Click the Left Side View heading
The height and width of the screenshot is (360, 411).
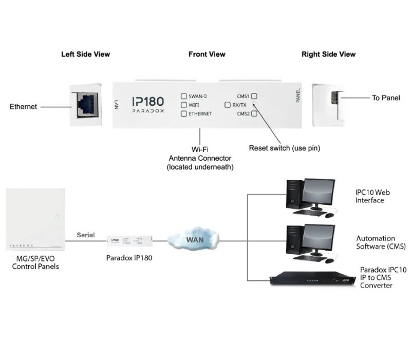pos(85,54)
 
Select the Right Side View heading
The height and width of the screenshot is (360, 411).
pos(328,54)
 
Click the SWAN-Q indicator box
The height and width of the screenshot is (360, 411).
pos(183,96)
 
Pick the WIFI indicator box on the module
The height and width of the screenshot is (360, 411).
pos(183,105)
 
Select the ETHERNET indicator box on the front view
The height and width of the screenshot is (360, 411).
pos(183,113)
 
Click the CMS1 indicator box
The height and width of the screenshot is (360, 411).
pos(254,96)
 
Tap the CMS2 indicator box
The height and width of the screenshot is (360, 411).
pos(254,113)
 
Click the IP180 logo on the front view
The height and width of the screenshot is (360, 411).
pos(148,102)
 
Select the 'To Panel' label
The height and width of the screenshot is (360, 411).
pos(386,98)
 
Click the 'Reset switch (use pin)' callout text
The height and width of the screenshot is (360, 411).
pos(284,148)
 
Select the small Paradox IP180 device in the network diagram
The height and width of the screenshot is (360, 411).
pos(129,240)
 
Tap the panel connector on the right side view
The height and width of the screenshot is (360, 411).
pos(334,98)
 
